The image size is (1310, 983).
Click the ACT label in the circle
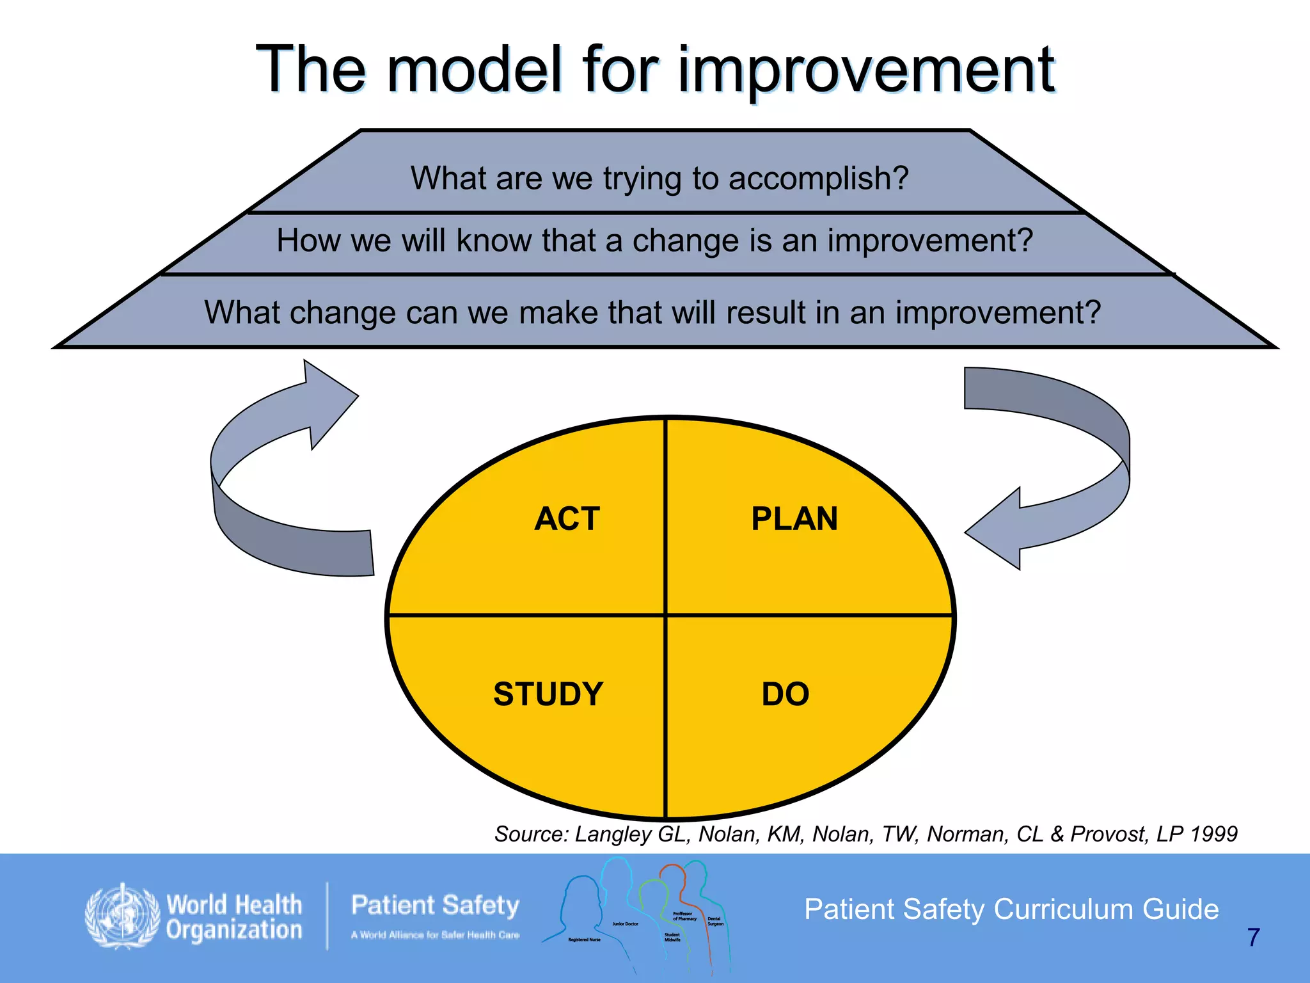click(567, 518)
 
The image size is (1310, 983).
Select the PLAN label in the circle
click(794, 518)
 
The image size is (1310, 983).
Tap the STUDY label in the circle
click(548, 694)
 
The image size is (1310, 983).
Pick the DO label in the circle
click(785, 694)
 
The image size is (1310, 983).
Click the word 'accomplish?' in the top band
click(818, 179)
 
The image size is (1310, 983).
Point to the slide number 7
click(1253, 938)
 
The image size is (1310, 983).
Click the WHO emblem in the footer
click(122, 916)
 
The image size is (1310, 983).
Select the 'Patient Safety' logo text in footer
click(435, 906)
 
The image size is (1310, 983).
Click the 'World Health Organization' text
click(233, 918)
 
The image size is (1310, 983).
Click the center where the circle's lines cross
click(666, 616)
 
